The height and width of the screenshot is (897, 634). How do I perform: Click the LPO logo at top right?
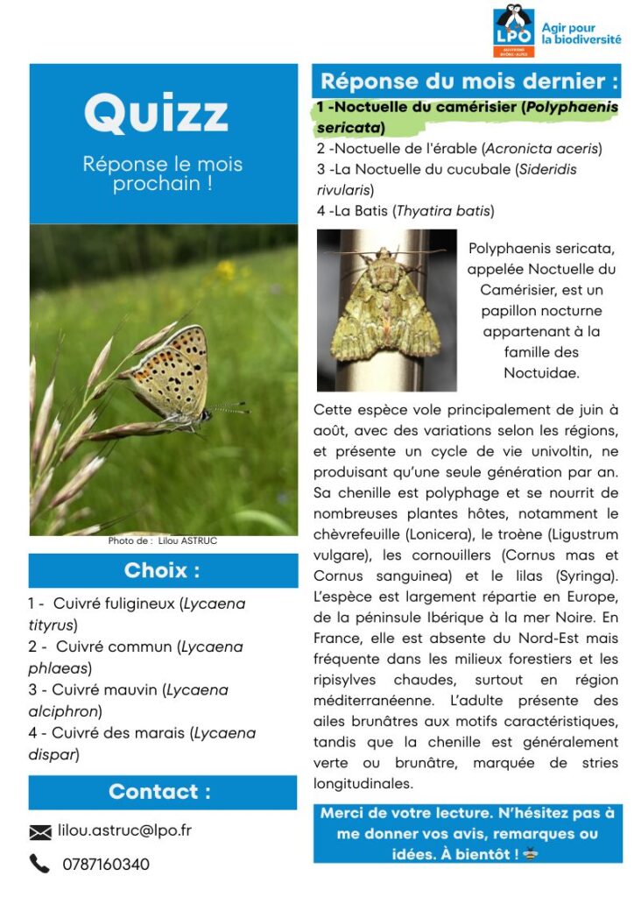(513, 31)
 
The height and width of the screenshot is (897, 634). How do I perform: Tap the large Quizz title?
(156, 114)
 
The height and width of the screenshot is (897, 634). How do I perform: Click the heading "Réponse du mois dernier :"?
(469, 81)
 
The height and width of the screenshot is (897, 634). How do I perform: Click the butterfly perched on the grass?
(176, 378)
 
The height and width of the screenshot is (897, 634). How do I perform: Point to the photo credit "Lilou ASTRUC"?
(187, 541)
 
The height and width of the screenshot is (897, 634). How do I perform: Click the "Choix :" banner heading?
(162, 571)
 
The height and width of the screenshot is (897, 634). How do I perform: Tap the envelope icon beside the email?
(40, 831)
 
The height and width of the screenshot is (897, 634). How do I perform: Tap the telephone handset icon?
(39, 864)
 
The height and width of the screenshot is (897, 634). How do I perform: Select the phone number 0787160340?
(105, 865)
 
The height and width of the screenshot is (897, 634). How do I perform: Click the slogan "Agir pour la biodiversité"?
(580, 34)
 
